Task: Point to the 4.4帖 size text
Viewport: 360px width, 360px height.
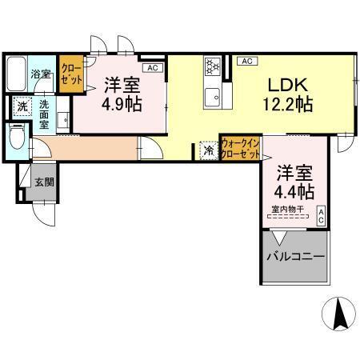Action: tap(295, 192)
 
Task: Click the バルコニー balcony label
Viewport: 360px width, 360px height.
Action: tap(295, 258)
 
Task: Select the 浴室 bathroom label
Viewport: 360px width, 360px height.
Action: tap(41, 73)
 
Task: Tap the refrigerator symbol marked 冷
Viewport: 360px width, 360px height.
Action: tap(208, 150)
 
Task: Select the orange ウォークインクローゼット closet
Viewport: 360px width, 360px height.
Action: tap(239, 147)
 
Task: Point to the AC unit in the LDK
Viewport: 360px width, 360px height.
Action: tap(246, 61)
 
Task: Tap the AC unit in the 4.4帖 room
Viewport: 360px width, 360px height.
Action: tap(321, 215)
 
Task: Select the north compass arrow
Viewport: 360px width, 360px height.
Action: tap(337, 315)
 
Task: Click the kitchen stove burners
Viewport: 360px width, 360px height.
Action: tap(213, 66)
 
